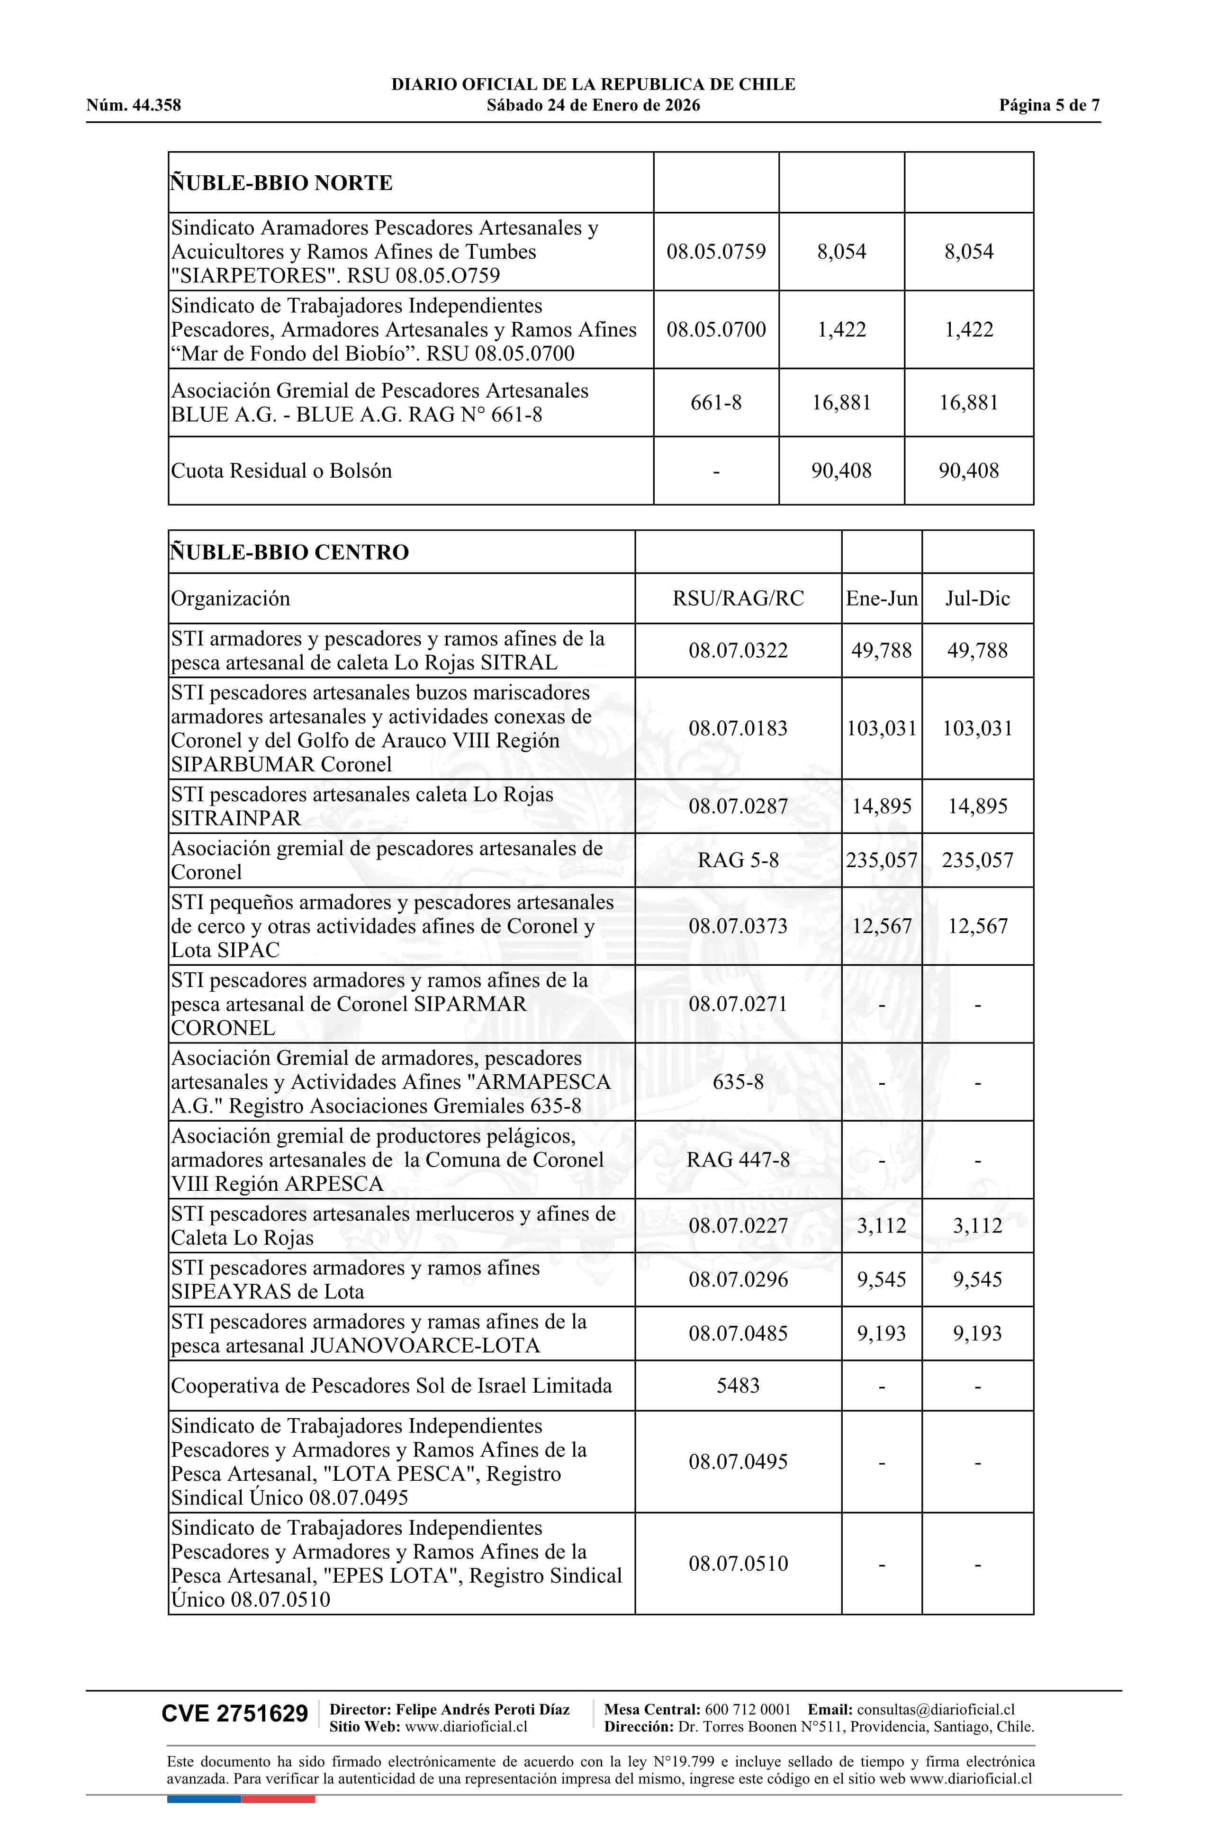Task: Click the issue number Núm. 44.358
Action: pyautogui.click(x=134, y=106)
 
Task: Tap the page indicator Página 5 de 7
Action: pyautogui.click(x=1049, y=106)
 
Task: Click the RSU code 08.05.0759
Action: pyautogui.click(x=716, y=252)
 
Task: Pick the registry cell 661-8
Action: pyautogui.click(x=716, y=402)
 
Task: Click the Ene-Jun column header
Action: pyautogui.click(x=881, y=598)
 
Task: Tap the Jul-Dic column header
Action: pyautogui.click(x=977, y=598)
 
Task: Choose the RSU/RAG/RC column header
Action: pyautogui.click(x=738, y=598)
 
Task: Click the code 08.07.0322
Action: pyautogui.click(x=738, y=651)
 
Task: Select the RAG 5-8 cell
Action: pyautogui.click(x=738, y=861)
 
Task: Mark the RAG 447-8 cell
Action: pyautogui.click(x=738, y=1160)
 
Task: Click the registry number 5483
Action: pyautogui.click(x=738, y=1386)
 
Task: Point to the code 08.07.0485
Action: pyautogui.click(x=738, y=1334)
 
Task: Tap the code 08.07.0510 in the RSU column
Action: pyautogui.click(x=738, y=1564)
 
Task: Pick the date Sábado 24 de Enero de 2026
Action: pyautogui.click(x=593, y=106)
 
